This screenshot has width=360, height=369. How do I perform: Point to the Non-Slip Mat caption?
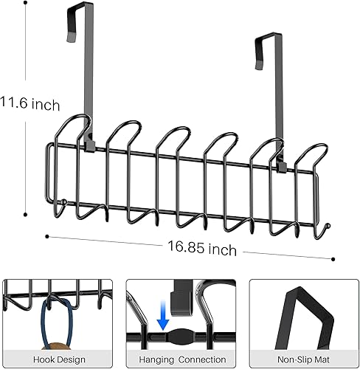pyautogui.click(x=302, y=358)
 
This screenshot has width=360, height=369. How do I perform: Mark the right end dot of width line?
pyautogui.click(x=333, y=258)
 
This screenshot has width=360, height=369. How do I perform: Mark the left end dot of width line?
pyautogui.click(x=46, y=236)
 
